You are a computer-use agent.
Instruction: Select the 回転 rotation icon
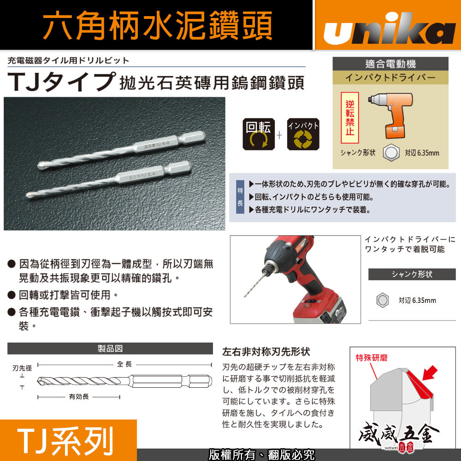[x=258, y=134]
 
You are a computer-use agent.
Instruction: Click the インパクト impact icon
[x=303, y=134]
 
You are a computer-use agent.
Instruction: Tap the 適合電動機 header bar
[x=390, y=64]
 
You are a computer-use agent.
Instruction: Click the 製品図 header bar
[x=110, y=349]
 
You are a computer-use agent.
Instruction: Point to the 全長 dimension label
[x=124, y=364]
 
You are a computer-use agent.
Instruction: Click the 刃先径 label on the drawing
[x=22, y=368]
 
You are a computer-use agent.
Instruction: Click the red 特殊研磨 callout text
[x=372, y=358]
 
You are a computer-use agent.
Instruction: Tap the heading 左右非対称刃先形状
[x=266, y=352]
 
